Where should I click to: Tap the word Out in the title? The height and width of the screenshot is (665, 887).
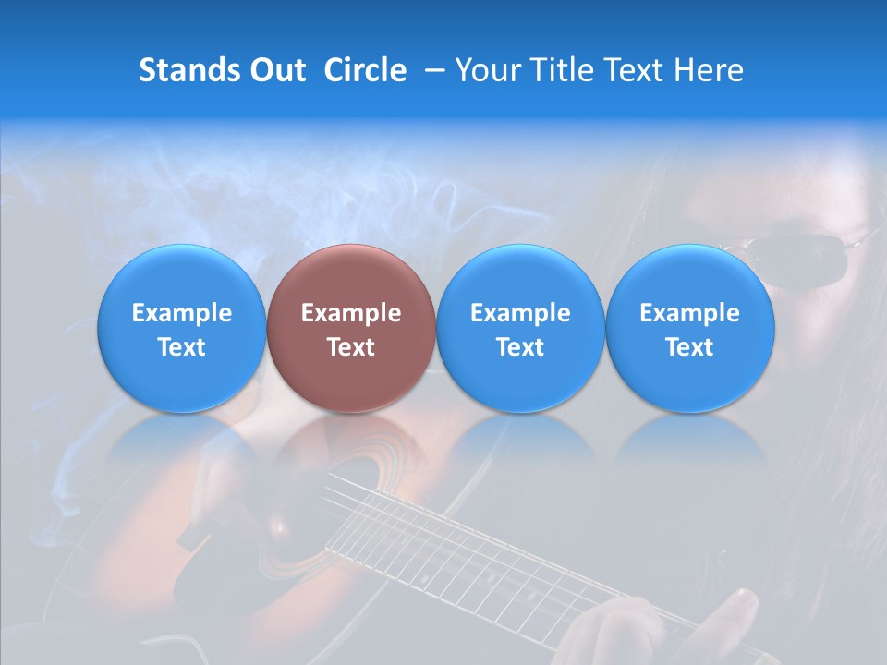point(275,70)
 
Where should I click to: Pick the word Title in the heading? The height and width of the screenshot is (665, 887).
point(558,70)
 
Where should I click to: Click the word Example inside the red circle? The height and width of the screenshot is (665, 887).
point(351,313)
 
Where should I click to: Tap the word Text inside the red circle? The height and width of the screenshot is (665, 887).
point(351,347)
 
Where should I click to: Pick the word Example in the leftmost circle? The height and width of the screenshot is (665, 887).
point(182,313)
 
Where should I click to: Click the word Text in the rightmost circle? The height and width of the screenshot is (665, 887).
point(689,347)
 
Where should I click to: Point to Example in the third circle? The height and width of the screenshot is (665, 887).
point(520,313)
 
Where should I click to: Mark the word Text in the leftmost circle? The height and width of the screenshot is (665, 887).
point(182,347)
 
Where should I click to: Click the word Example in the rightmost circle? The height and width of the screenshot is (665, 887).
point(689,313)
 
